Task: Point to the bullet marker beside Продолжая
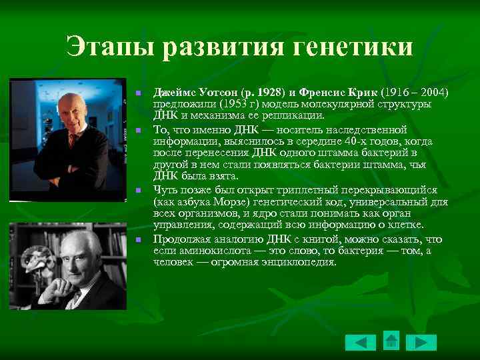coord(138,239)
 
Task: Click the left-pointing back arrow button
coord(360,343)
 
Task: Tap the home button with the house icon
coord(391,341)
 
